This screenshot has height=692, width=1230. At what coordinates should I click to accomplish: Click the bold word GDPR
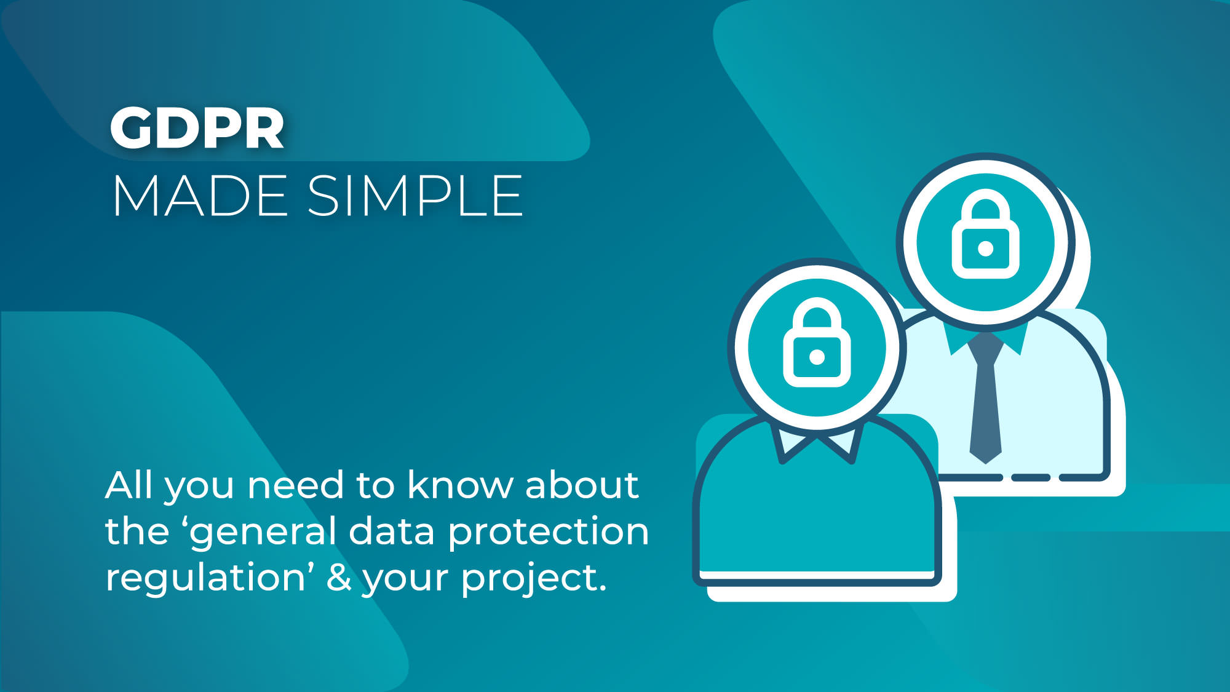[197, 128]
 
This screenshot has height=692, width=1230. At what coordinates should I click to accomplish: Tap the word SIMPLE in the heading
[415, 196]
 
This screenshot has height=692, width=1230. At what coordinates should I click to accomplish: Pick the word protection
[548, 533]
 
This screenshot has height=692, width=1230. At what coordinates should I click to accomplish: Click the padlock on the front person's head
[817, 343]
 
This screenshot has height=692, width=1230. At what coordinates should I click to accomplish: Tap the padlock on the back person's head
[985, 234]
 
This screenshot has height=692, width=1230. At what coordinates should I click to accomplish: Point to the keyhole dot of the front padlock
[817, 357]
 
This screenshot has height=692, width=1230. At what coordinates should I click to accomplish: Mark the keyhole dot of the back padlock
[985, 249]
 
